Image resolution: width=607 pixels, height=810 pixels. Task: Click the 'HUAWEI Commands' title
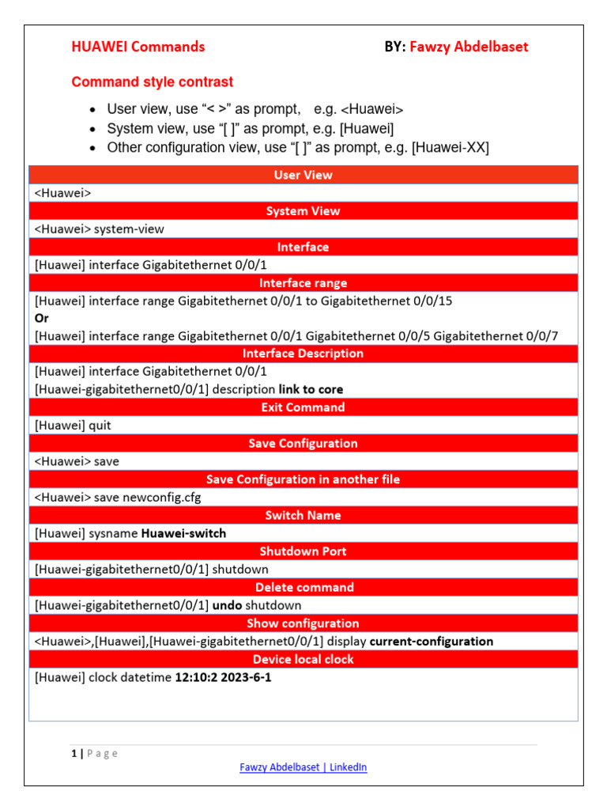[138, 47]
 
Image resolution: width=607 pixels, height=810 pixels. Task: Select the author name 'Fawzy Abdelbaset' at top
[469, 47]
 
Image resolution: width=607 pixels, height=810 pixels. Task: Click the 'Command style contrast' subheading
[152, 81]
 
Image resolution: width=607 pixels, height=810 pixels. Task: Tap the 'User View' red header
[303, 175]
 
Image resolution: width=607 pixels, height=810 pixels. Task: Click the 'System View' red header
[303, 211]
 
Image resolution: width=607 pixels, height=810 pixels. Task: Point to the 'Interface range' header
[303, 283]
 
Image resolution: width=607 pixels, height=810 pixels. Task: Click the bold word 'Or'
[42, 318]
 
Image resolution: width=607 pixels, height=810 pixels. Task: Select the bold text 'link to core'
[311, 389]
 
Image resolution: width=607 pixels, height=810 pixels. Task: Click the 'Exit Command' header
[303, 407]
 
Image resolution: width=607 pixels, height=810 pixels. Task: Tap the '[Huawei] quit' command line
[73, 425]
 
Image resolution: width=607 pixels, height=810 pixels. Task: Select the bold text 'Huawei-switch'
[183, 533]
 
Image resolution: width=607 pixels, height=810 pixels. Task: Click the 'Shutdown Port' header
[303, 551]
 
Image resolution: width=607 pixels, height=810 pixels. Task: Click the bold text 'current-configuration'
[432, 642]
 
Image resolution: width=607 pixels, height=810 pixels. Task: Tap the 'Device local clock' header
[303, 659]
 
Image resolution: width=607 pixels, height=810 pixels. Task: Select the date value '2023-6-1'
[247, 677]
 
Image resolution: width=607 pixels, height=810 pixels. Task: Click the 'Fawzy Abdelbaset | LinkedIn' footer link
[303, 767]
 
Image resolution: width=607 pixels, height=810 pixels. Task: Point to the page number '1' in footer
[74, 753]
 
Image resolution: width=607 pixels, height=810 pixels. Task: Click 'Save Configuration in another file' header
[303, 479]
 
